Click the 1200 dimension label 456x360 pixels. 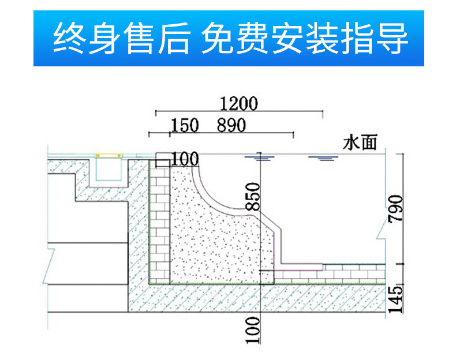point(238,104)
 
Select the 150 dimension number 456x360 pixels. point(185,125)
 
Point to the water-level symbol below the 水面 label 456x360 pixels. point(322,158)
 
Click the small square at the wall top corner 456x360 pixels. point(163,160)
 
